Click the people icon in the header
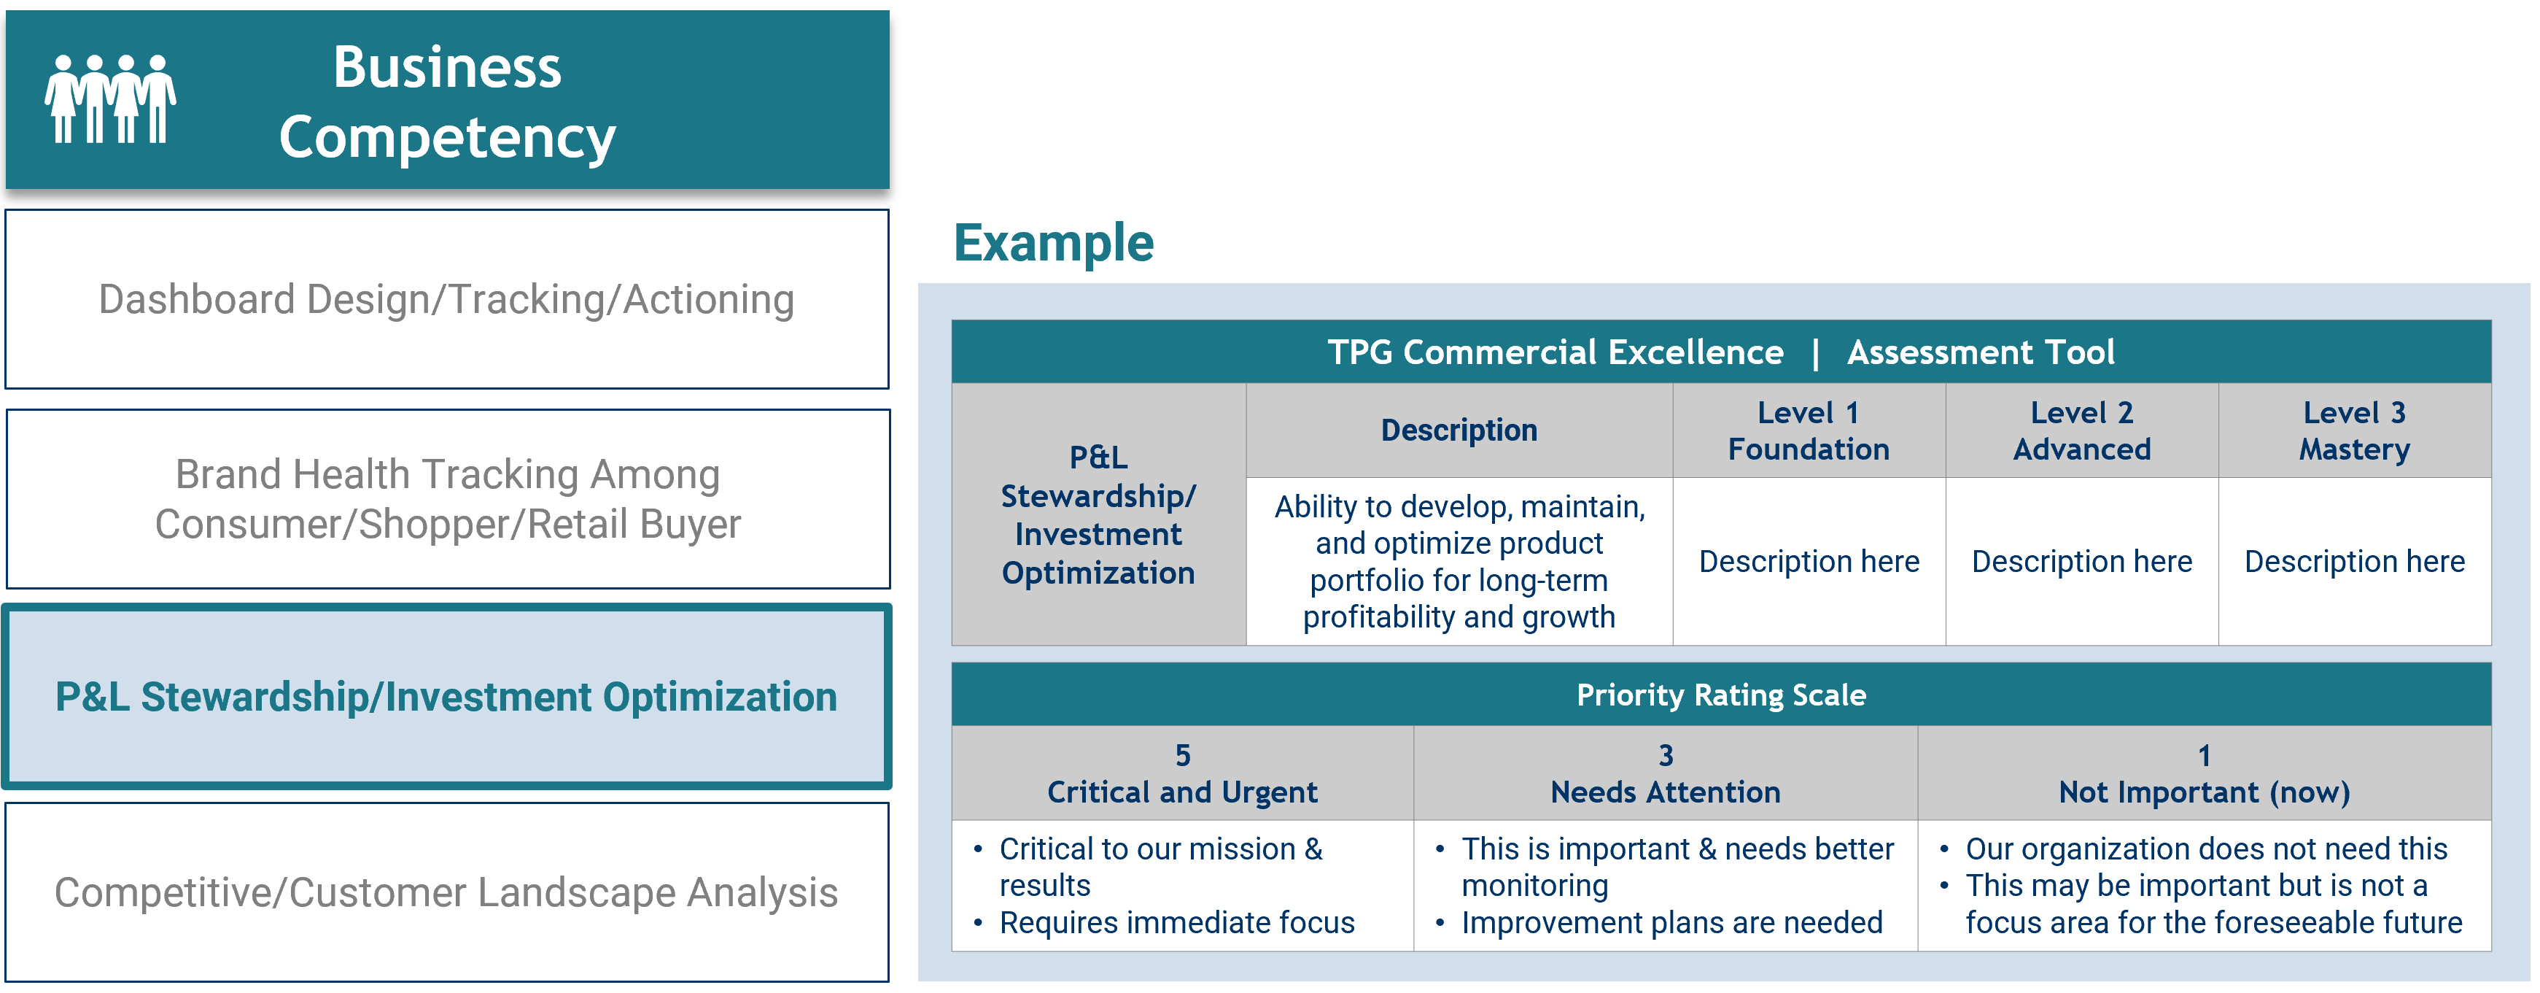pos(110,98)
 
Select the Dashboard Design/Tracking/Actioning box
pos(446,299)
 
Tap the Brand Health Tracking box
pos(448,499)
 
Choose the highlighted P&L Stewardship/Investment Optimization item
pos(446,696)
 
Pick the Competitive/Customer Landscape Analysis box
pos(446,892)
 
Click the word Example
pos(1053,242)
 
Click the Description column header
pos(1459,430)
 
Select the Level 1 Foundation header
pos(1809,430)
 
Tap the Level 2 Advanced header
pos(2081,430)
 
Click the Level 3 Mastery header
pos(2355,430)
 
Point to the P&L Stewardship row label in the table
pos(1098,515)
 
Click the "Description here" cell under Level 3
pos(2355,561)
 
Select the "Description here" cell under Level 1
pos(1809,561)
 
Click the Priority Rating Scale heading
pos(1720,695)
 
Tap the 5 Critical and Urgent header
pos(1182,773)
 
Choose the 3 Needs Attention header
pos(1666,773)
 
